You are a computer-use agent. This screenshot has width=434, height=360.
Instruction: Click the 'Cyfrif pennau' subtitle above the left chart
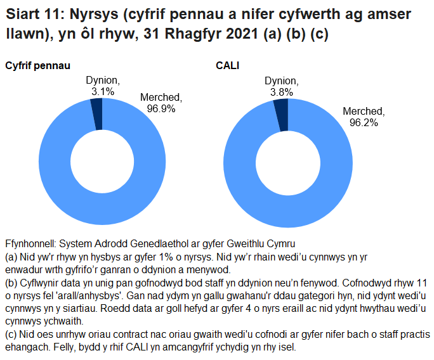click(37, 66)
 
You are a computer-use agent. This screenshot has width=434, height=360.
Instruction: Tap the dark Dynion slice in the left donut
click(96, 112)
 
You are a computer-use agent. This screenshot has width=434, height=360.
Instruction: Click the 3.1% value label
click(102, 91)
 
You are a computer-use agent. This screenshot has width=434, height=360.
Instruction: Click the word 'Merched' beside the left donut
click(161, 97)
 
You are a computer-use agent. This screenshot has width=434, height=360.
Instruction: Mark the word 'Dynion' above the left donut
click(102, 80)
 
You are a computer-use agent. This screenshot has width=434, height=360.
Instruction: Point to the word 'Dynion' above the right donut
click(281, 80)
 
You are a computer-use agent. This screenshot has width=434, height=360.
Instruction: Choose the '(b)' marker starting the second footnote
click(11, 283)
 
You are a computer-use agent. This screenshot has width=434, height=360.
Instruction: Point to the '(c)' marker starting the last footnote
click(11, 335)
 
